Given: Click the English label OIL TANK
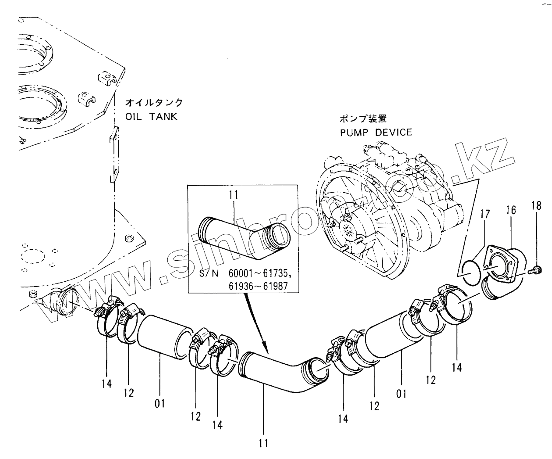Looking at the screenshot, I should (151, 116).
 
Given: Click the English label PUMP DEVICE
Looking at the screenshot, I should (376, 132).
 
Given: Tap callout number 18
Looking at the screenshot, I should (536, 206).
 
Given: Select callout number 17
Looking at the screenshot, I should (484, 215).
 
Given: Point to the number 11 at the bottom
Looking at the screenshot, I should (263, 443).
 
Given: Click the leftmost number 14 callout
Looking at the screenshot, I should (106, 383).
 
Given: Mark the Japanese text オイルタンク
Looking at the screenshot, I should (154, 104).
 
